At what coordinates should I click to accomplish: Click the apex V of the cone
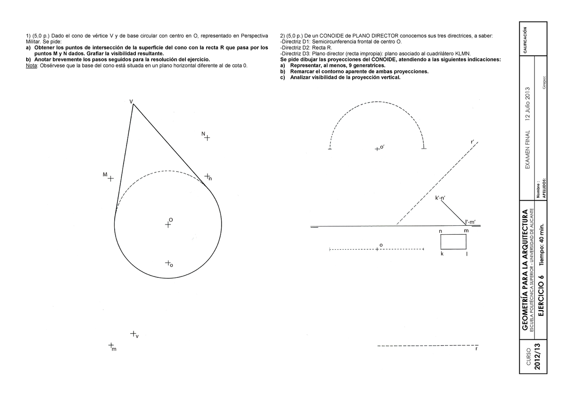pos(133,104)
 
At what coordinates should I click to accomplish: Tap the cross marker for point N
pos(207,138)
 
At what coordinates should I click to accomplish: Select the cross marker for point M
pos(111,179)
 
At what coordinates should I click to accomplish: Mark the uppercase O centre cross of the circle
pos(168,224)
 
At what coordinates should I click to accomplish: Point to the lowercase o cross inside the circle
pos(168,263)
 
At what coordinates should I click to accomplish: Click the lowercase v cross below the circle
pos(133,334)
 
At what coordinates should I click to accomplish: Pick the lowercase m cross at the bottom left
pos(111,345)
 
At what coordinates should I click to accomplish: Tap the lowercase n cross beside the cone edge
pos(207,176)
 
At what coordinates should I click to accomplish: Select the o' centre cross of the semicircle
pos(377,149)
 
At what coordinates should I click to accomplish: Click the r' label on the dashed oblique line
pos(473,142)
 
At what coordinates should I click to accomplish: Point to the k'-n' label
pos(440,198)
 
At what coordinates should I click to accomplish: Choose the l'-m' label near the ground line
pos(470,222)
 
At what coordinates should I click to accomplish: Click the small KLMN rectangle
pos(453,242)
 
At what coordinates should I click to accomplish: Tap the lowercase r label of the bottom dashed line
pos(476,349)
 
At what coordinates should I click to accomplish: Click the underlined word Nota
pos(31,66)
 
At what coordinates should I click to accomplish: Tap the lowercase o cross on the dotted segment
pos(377,249)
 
